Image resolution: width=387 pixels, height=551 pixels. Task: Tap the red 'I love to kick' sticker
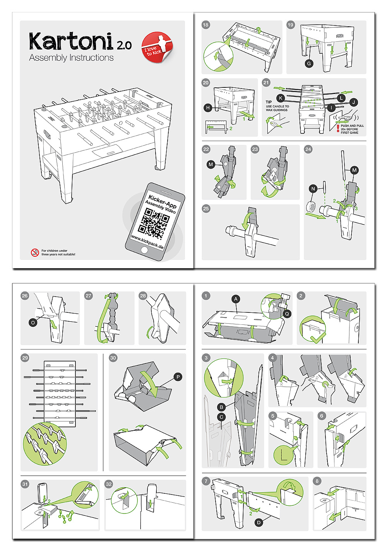156,48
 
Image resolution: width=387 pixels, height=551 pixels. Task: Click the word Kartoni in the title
71,42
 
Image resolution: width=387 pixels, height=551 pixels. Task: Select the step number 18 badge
205,25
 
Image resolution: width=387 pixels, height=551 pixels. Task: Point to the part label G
309,63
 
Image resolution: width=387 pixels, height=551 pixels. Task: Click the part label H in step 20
208,108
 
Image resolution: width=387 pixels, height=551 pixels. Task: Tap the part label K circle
281,98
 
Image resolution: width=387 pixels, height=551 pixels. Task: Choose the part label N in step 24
313,189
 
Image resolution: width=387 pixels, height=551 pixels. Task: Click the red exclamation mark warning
338,128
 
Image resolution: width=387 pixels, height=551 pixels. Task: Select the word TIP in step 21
269,102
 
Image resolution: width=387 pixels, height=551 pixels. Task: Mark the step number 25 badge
206,208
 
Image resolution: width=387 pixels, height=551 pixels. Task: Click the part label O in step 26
33,322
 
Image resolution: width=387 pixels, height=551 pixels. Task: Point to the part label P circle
178,377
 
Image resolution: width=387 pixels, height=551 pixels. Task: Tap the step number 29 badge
25,358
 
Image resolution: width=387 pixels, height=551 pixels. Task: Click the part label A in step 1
236,299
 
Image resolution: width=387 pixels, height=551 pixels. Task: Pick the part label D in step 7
259,523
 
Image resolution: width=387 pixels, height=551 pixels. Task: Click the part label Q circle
287,314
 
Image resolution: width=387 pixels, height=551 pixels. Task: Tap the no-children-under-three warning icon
35,252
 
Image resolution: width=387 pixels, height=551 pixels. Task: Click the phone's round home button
144,250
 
